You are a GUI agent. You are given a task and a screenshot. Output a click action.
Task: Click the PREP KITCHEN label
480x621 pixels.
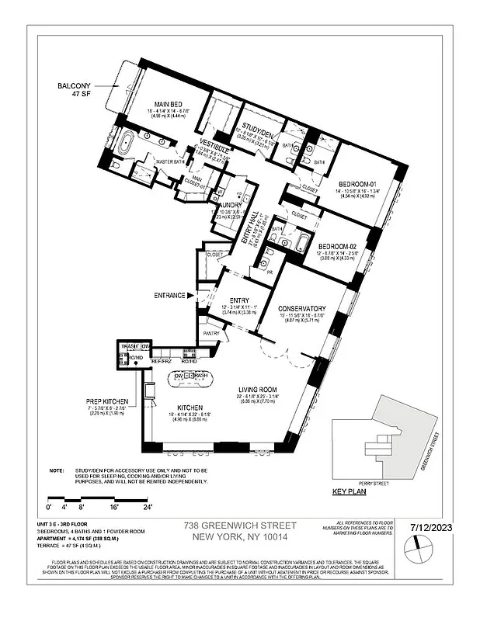click(106, 401)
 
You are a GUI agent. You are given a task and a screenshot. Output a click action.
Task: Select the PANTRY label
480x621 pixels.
click(212, 334)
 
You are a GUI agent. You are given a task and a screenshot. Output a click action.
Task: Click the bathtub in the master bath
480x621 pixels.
click(127, 144)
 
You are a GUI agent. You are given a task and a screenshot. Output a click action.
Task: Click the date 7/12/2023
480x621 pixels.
click(440, 527)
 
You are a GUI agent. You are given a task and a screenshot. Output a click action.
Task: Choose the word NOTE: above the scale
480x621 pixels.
click(56, 470)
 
